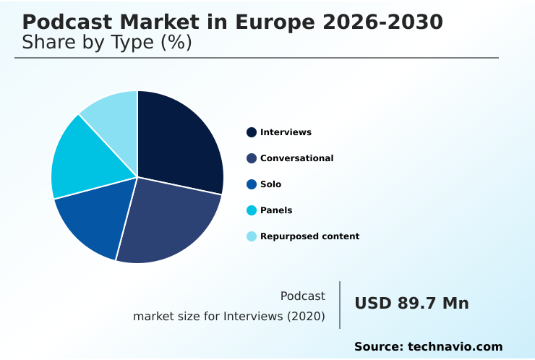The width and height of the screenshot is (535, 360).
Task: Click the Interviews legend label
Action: click(x=286, y=132)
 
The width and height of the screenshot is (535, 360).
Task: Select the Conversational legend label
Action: click(x=296, y=158)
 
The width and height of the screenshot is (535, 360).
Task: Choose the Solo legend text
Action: click(x=270, y=184)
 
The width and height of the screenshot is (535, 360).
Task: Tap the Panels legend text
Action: click(x=276, y=210)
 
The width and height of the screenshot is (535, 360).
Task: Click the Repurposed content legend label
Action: click(x=309, y=236)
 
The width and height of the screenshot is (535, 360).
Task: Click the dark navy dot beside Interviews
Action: click(x=252, y=132)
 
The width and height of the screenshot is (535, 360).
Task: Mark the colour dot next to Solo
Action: click(x=252, y=184)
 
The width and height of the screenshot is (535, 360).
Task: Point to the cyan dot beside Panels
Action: click(x=252, y=210)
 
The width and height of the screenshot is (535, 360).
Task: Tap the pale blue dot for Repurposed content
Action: click(x=252, y=236)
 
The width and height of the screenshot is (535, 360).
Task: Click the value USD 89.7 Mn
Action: click(x=411, y=304)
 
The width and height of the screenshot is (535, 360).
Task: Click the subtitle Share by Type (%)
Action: click(x=107, y=43)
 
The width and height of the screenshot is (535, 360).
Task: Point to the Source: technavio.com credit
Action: click(x=428, y=347)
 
